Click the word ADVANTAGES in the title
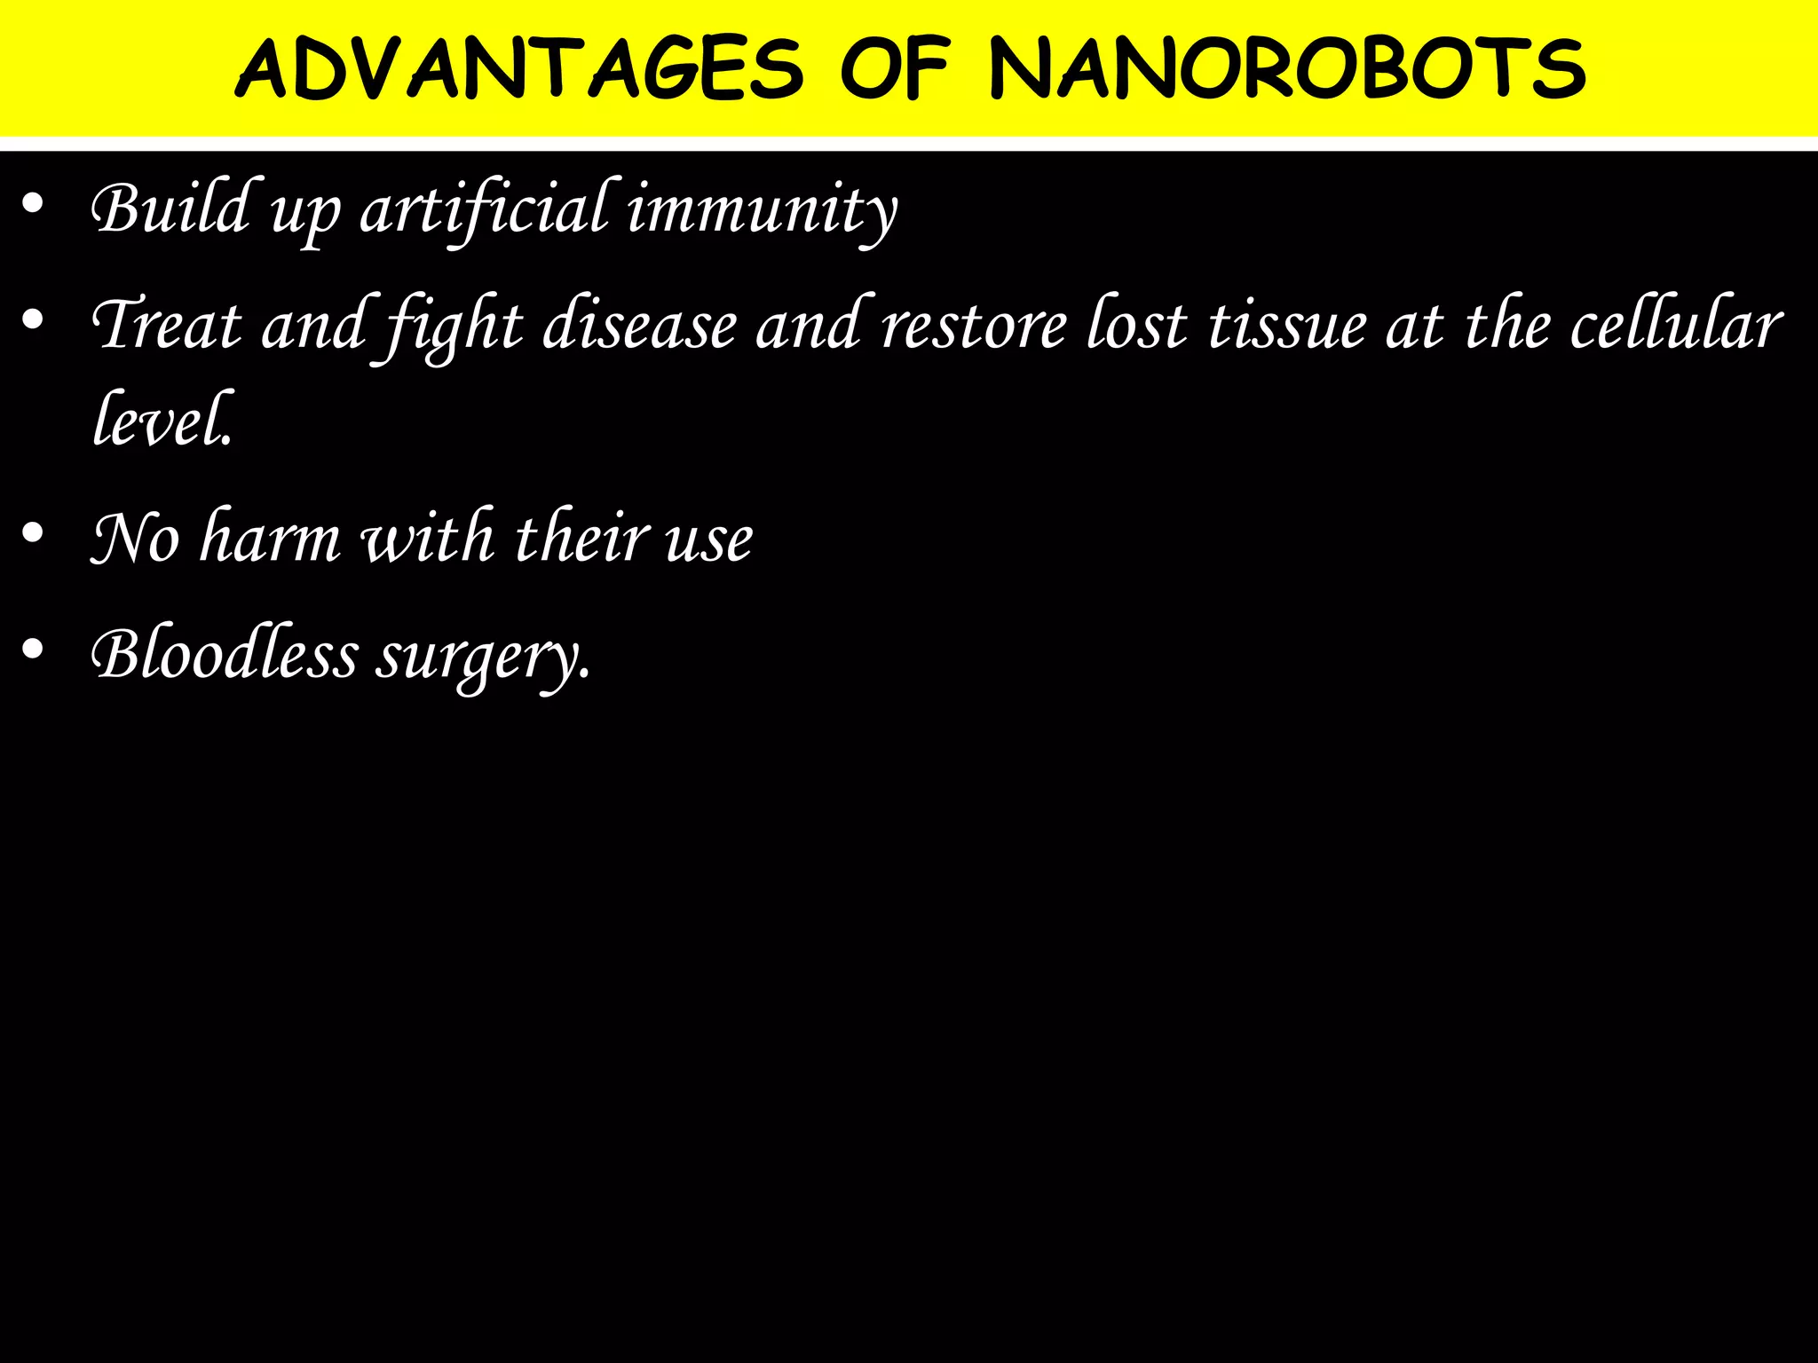point(519,69)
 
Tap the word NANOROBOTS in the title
point(1287,69)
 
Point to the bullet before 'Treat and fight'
point(33,320)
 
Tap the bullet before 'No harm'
point(33,533)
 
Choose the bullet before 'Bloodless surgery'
point(33,649)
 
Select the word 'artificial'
point(485,209)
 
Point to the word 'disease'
point(639,325)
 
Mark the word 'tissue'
point(1287,325)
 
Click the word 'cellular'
point(1676,325)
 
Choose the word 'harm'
point(271,538)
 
